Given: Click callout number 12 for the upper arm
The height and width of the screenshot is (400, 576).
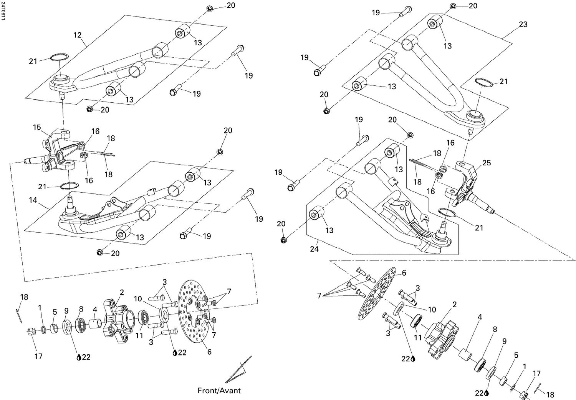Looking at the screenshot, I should click(78, 35).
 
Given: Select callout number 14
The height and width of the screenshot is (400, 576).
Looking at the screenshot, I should click(33, 200).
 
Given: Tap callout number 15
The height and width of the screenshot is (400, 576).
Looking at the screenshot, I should click(37, 127).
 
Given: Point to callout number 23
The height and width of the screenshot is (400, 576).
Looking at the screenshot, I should click(523, 24).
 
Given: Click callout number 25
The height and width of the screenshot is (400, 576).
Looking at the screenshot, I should click(487, 163).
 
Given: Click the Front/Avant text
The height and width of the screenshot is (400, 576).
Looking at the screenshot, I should click(219, 390).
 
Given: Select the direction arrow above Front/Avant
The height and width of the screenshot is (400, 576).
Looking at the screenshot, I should click(238, 370).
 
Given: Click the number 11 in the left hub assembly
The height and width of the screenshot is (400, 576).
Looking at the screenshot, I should click(139, 335).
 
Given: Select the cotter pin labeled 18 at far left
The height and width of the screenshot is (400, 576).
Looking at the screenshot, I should click(19, 315).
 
